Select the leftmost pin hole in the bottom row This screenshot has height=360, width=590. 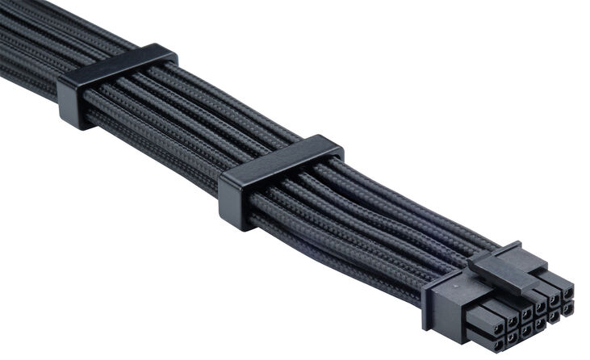click(498, 344)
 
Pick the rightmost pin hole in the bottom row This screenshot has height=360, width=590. click(567, 308)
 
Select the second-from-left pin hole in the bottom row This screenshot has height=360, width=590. click(512, 337)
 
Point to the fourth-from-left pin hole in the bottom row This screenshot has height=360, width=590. click(540, 323)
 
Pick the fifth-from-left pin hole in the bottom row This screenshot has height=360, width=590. click(554, 316)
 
